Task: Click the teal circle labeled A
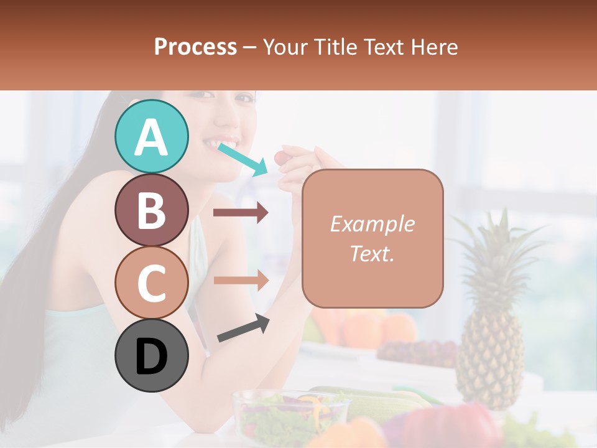pyautogui.click(x=151, y=136)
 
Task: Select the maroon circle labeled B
pyautogui.click(x=151, y=210)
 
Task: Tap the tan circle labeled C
pyautogui.click(x=151, y=282)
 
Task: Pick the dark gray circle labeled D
pyautogui.click(x=151, y=356)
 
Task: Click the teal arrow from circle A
pyautogui.click(x=243, y=158)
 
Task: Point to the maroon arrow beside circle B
pyautogui.click(x=241, y=213)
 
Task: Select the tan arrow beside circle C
pyautogui.click(x=241, y=280)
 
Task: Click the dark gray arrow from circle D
pyautogui.click(x=243, y=329)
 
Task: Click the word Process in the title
pyautogui.click(x=195, y=47)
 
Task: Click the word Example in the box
pyautogui.click(x=372, y=224)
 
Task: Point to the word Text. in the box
pyautogui.click(x=372, y=253)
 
